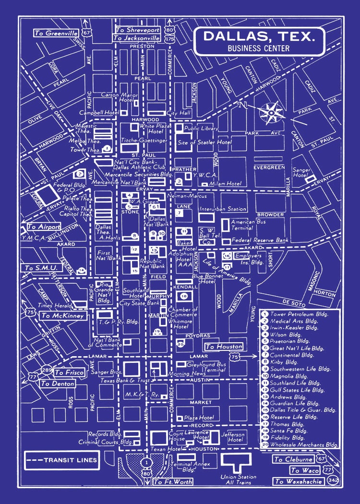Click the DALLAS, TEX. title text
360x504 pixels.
click(260, 36)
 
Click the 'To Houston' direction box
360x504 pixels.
click(223, 347)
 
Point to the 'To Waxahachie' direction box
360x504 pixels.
click(297, 481)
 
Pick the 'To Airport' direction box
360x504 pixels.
click(43, 227)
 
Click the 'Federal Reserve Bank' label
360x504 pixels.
click(260, 240)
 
